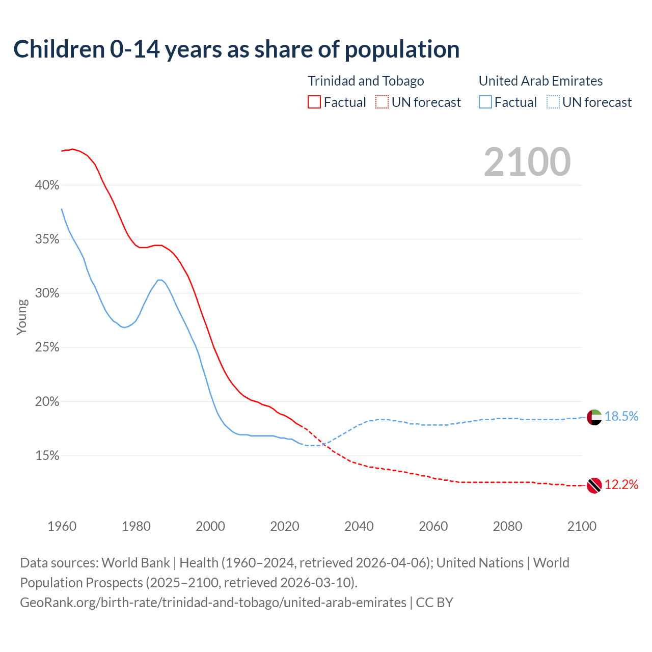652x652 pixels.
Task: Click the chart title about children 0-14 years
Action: (x=236, y=49)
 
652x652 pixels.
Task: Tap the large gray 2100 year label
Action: (x=527, y=162)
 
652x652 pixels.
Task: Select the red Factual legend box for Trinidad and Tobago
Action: (x=314, y=102)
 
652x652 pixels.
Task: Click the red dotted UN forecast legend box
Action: (x=382, y=102)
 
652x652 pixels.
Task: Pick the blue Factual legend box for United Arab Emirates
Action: (x=485, y=102)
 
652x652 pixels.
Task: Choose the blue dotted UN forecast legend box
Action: (x=553, y=102)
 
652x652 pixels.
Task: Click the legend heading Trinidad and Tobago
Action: (x=366, y=81)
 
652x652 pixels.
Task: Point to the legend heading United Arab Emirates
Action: (x=540, y=81)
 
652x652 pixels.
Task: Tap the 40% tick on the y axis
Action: (x=47, y=185)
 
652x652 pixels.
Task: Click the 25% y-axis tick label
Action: (x=47, y=347)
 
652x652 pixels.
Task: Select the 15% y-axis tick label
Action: (x=47, y=456)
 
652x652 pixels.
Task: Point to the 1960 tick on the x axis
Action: (x=62, y=526)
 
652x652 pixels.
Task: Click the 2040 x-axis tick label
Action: (x=359, y=526)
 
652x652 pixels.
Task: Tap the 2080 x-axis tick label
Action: (x=507, y=526)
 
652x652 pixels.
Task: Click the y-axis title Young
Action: (x=22, y=317)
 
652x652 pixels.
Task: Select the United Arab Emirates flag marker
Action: (x=594, y=417)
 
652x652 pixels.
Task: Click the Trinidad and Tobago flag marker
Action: (x=594, y=485)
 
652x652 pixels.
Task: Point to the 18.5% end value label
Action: (x=621, y=417)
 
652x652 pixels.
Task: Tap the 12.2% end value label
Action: (x=621, y=485)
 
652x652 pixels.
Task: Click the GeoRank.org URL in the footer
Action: (x=213, y=603)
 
